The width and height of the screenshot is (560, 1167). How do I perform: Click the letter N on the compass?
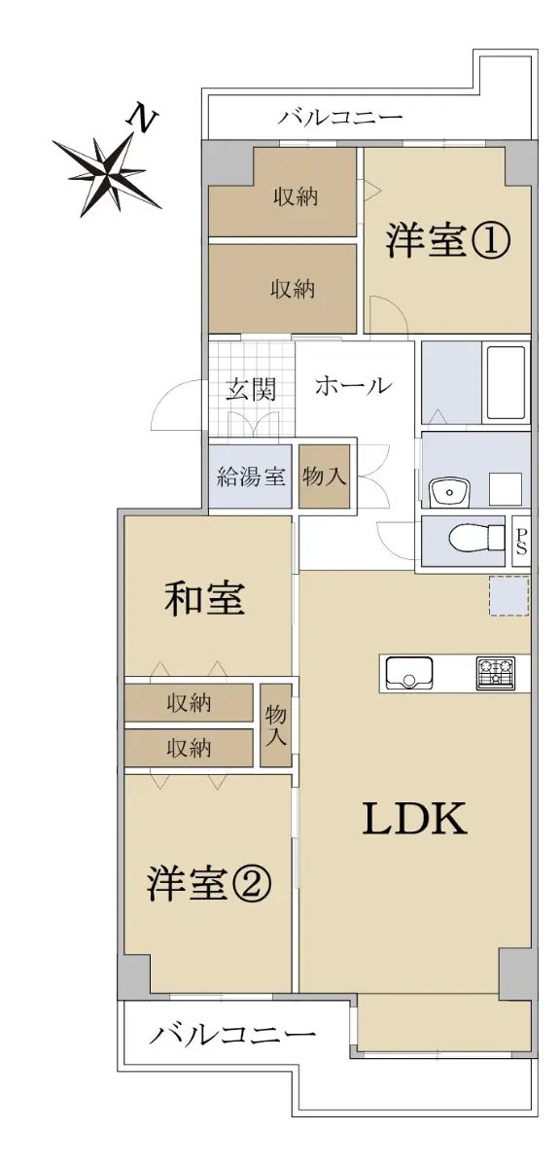coord(141,118)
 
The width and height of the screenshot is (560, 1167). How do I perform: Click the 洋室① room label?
coord(447,241)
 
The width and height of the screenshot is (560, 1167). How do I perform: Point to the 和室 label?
coord(204,598)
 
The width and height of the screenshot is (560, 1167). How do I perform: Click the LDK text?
coord(415,819)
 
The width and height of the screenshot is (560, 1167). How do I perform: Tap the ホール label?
coord(353,386)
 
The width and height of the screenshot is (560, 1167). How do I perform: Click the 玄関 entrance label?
coord(251,389)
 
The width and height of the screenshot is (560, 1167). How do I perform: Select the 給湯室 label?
coord(251,477)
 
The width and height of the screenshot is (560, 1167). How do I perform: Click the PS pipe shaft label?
coord(521,542)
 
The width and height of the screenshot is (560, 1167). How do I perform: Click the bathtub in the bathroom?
coord(506,383)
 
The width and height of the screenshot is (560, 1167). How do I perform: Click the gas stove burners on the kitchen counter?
coord(495,674)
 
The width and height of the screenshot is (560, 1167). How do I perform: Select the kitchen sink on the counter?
coord(408,673)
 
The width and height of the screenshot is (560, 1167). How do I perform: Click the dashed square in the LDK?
coord(508,595)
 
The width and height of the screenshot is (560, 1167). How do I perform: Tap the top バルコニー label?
coord(339,117)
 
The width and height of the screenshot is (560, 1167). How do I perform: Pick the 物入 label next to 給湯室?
coord(324,476)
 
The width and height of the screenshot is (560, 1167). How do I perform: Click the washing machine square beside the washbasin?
coord(506,489)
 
